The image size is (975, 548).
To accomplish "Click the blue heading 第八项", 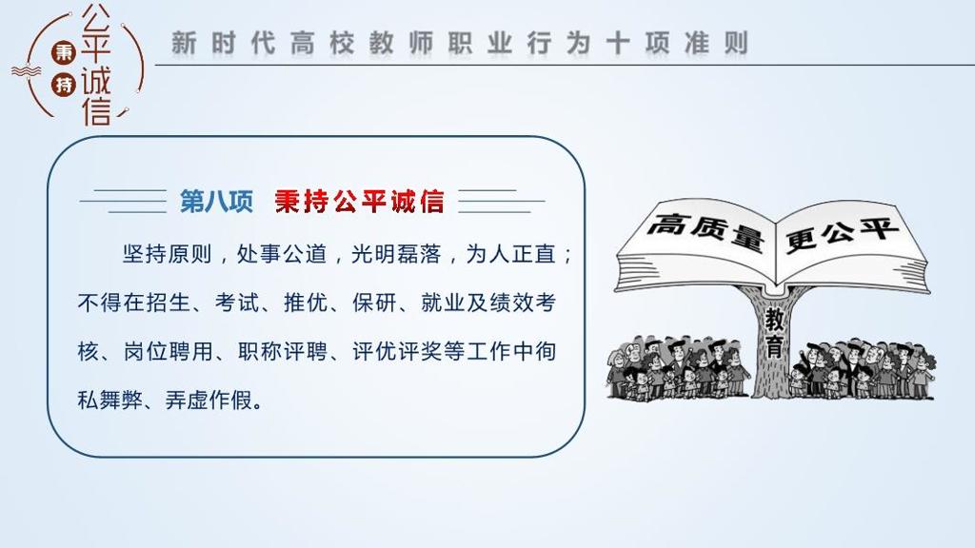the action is pyautogui.click(x=216, y=202).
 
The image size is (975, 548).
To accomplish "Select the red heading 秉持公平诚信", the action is pyautogui.click(x=359, y=202).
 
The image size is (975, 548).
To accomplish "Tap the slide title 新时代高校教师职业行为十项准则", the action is pyautogui.click(x=460, y=44).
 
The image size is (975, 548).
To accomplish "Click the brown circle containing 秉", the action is pyautogui.click(x=64, y=52).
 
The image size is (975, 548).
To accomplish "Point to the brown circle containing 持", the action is pyautogui.click(x=64, y=84).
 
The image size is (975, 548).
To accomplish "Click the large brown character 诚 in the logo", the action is pyautogui.click(x=96, y=81).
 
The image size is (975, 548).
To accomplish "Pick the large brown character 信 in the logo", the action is pyautogui.click(x=96, y=110).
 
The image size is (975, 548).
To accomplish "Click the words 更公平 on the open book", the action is pyautogui.click(x=842, y=235).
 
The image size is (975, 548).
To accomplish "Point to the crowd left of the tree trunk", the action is pyautogui.click(x=679, y=367).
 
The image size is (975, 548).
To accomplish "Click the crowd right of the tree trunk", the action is pyautogui.click(x=862, y=368).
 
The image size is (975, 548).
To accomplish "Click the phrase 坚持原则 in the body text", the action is pyautogui.click(x=168, y=254).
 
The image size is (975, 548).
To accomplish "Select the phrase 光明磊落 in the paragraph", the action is pyautogui.click(x=396, y=254).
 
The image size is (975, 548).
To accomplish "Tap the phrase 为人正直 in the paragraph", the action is pyautogui.click(x=510, y=254).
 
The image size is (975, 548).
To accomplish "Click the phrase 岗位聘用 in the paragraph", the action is pyautogui.click(x=168, y=352).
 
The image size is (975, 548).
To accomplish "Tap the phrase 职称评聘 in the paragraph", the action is pyautogui.click(x=282, y=352).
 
